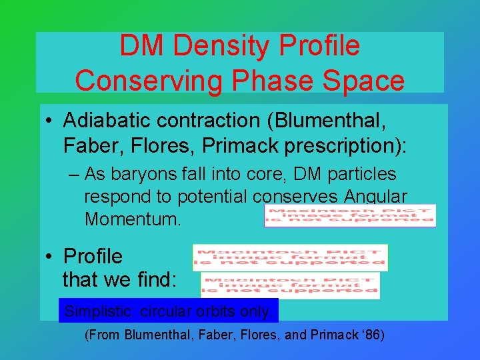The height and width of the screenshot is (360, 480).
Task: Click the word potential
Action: pos(217,197)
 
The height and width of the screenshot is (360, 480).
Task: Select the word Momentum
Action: pos(133,219)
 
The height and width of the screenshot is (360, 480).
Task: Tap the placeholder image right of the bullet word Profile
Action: pos(290,257)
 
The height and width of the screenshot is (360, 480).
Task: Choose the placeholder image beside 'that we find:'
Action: pos(290,285)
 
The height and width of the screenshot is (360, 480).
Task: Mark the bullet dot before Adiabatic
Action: pos(51,122)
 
